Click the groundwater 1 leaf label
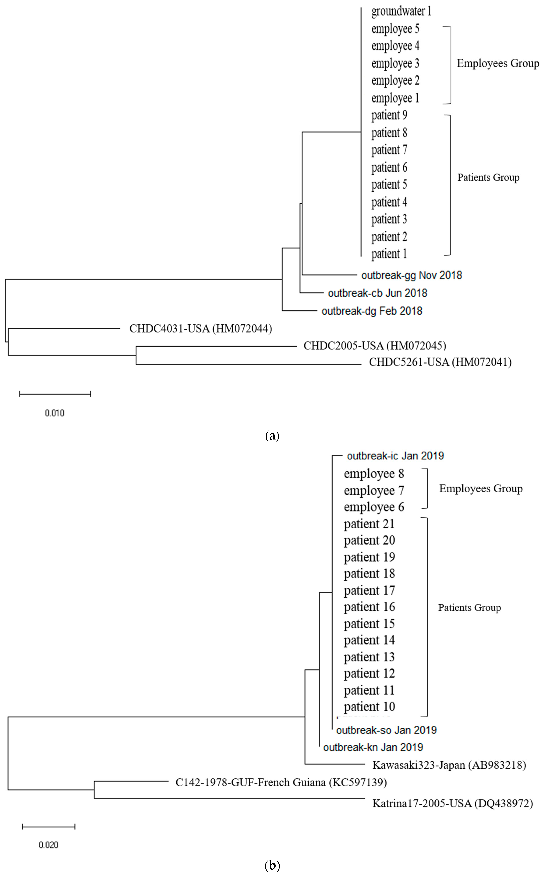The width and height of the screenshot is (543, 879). [x=401, y=11]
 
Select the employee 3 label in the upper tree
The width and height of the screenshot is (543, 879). [x=395, y=64]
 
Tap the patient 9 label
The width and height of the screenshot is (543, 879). [x=389, y=115]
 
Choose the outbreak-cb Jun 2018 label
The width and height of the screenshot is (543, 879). [x=377, y=293]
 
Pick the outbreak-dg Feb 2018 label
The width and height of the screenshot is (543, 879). [x=372, y=311]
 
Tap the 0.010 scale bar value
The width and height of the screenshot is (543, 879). [x=55, y=413]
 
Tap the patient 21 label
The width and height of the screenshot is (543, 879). [x=369, y=524]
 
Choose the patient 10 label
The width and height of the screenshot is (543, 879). [x=369, y=707]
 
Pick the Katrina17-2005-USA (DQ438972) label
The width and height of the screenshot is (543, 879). [x=453, y=803]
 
